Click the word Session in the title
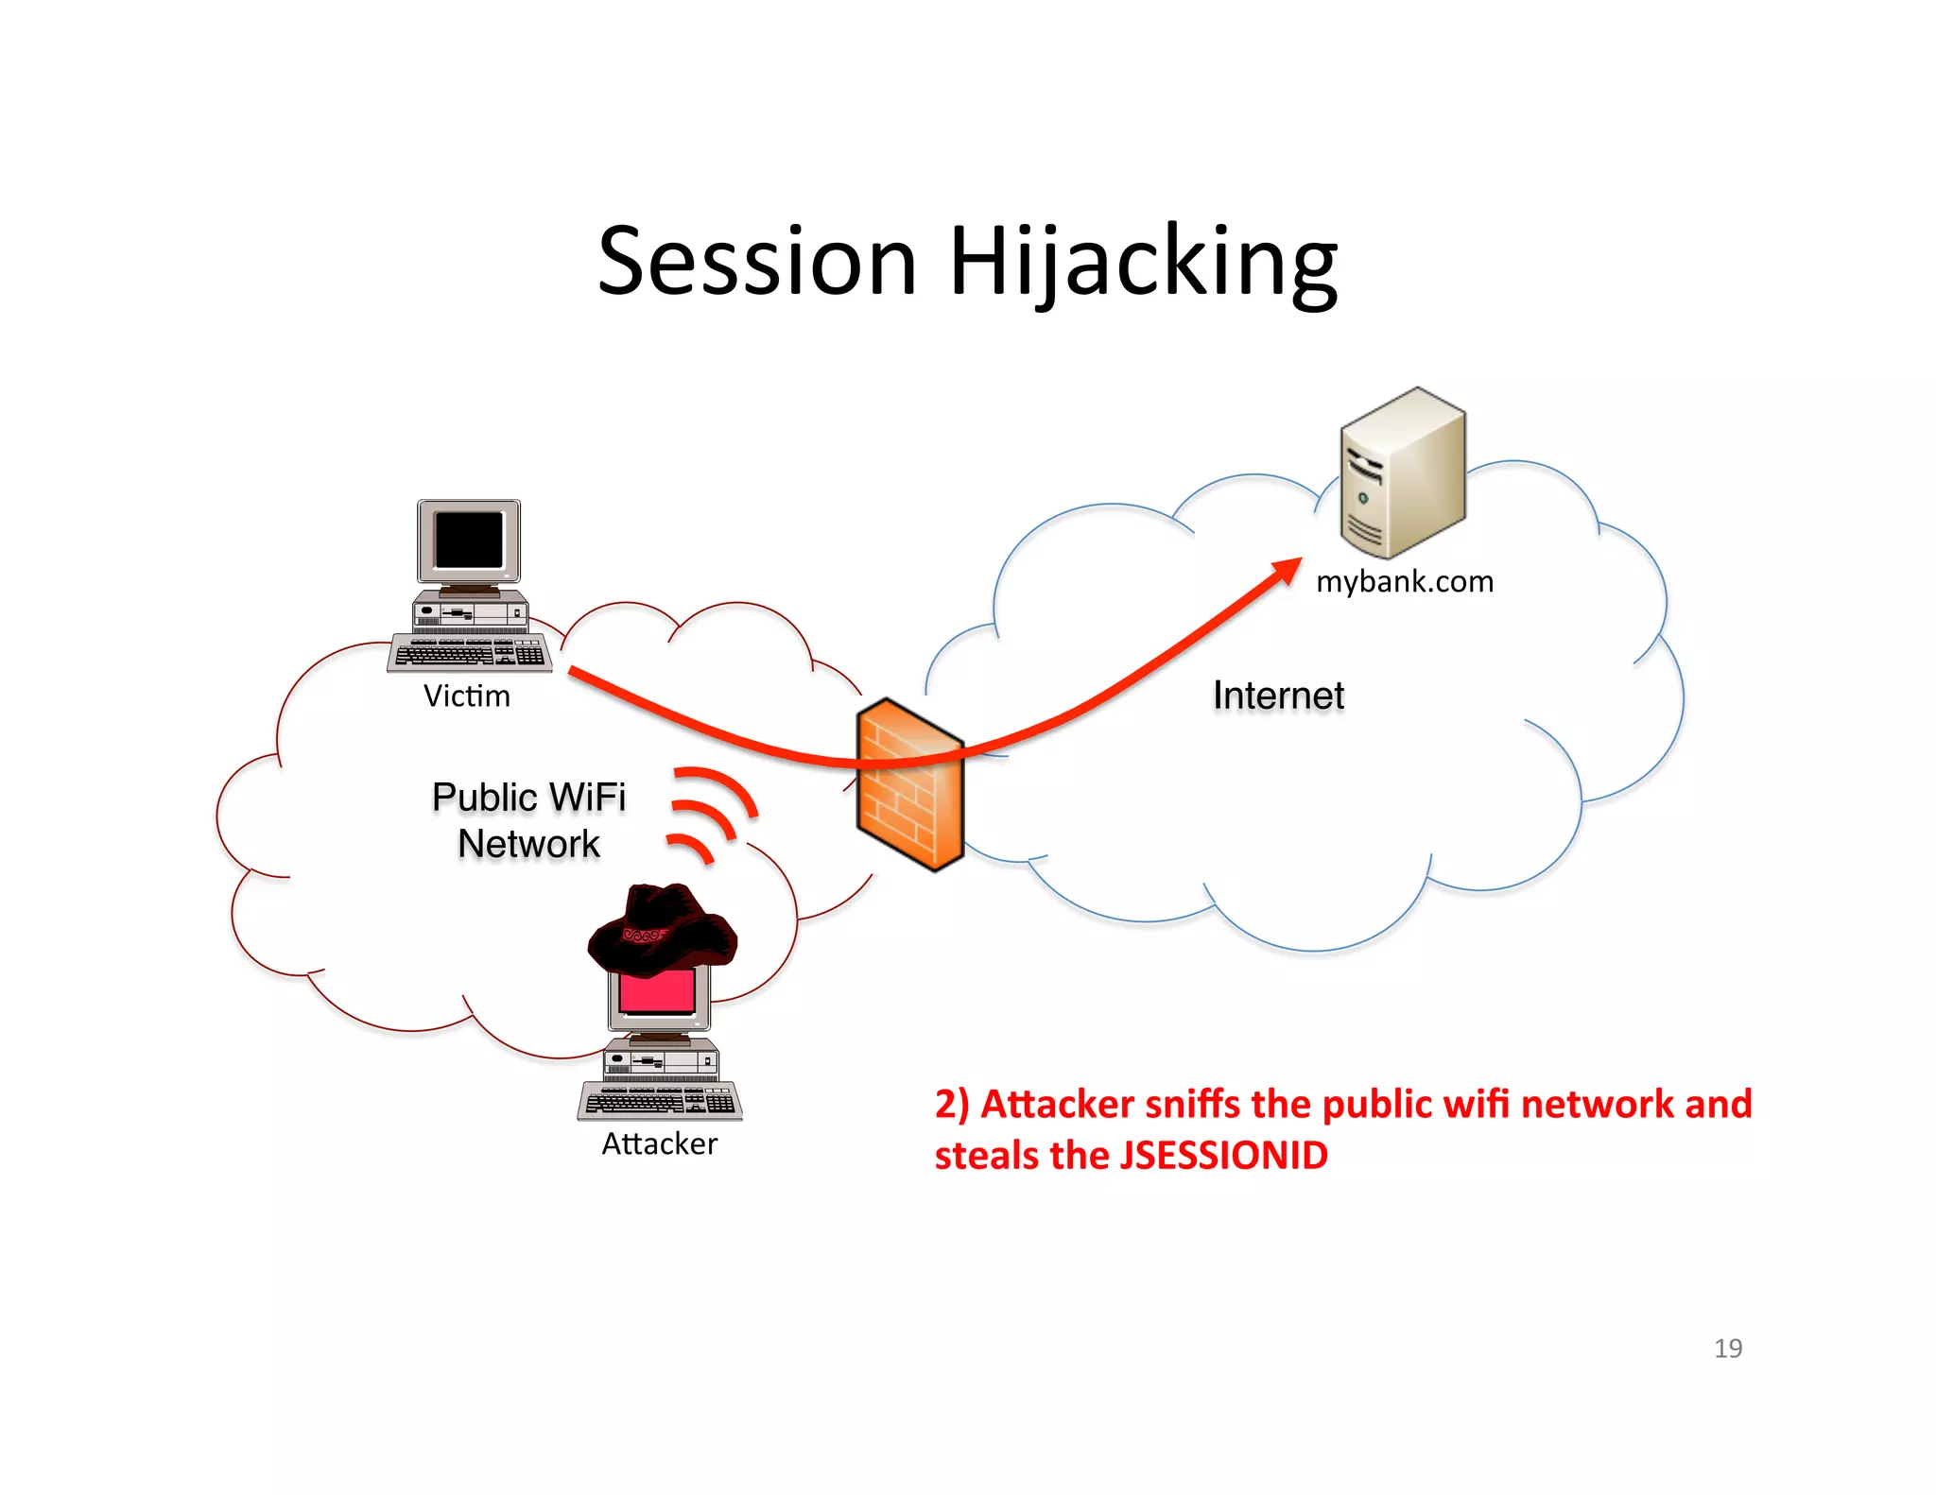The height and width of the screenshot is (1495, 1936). point(757,262)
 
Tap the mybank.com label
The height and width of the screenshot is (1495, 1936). point(1405,581)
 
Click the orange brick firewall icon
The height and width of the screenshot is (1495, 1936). point(909,784)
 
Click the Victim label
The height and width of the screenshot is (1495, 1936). point(466,696)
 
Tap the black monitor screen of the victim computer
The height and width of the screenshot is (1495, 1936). point(469,540)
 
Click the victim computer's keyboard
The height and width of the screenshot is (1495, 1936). point(470,653)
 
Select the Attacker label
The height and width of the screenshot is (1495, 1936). point(660,1144)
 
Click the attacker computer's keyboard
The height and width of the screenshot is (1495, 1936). point(660,1101)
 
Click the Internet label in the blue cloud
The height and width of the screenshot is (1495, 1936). point(1278,696)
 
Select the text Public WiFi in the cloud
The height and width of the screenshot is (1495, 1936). point(528,797)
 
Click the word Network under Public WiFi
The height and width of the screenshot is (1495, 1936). point(528,844)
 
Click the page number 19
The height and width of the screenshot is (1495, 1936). point(1727,1349)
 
